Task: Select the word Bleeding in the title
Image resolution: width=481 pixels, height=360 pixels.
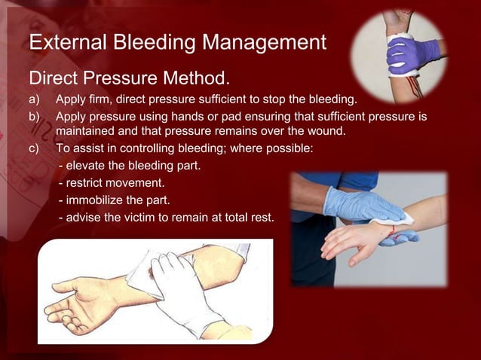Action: (156, 43)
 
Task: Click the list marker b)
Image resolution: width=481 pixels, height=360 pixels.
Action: (35, 117)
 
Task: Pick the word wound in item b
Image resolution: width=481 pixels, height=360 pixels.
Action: (326, 132)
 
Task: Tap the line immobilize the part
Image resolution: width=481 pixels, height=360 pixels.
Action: (114, 200)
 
